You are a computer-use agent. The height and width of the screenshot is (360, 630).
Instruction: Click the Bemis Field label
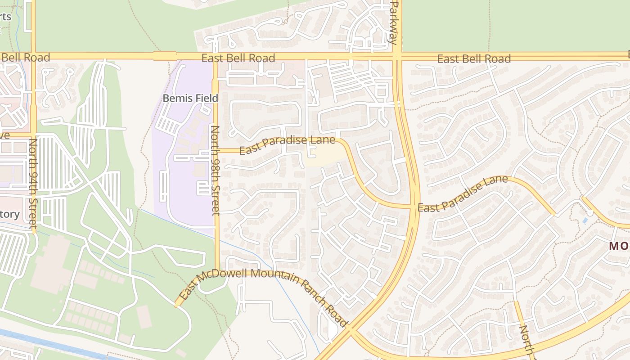point(190,98)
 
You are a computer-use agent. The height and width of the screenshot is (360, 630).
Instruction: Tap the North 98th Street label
point(216,170)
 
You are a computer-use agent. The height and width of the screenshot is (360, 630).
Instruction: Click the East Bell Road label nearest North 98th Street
point(238,58)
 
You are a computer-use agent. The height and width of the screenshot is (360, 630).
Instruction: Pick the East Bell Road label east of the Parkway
point(474,58)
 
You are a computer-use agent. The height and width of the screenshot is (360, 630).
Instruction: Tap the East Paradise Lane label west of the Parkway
point(287,144)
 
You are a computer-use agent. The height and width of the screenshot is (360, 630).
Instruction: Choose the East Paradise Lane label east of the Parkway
point(463,194)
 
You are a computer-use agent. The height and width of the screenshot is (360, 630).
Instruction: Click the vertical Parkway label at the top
point(394,22)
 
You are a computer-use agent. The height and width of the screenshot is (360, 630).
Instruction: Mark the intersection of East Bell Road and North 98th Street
point(215,57)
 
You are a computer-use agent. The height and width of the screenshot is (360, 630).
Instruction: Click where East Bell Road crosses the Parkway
point(396,57)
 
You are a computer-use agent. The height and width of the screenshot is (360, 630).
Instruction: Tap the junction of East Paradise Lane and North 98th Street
point(216,151)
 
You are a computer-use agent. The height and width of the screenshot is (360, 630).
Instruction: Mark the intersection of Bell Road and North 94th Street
point(33,56)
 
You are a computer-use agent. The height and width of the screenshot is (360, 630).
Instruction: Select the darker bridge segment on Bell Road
point(165,56)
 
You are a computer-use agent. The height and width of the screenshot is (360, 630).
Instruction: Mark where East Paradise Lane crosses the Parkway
point(413,207)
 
